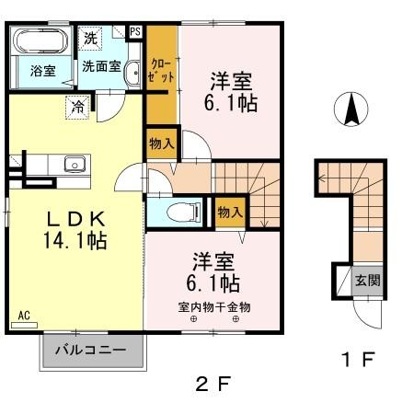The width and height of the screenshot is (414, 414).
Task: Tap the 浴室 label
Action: pos(40,69)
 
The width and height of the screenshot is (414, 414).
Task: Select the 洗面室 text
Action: pos(99,65)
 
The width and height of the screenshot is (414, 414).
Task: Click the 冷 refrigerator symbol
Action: pos(78,107)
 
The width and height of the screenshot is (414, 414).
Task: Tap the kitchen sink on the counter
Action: pos(73,165)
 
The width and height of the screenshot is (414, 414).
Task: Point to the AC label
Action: pos(23,316)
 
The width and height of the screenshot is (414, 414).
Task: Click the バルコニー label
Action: pos(93,350)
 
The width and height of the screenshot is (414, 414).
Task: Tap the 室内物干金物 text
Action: pos(213,306)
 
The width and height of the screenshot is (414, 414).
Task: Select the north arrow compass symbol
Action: pos(351,111)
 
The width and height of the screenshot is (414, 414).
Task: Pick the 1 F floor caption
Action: pos(358,359)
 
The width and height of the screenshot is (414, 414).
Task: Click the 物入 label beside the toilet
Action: pos(230,212)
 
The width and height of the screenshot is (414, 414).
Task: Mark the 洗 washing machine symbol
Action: pos(89,38)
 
